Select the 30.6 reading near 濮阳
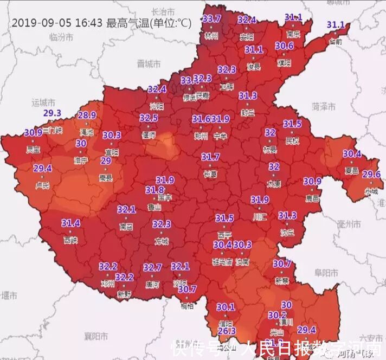coord(284,46)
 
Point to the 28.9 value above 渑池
coord(87,115)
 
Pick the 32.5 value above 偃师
coord(149,118)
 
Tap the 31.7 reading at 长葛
coord(210,157)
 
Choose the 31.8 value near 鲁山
coord(155,190)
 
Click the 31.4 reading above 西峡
coord(70,223)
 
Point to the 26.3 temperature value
coord(227,331)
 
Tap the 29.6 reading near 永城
coord(371,174)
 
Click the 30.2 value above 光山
coord(276,315)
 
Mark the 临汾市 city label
coord(61,37)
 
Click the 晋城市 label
coord(149,63)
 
